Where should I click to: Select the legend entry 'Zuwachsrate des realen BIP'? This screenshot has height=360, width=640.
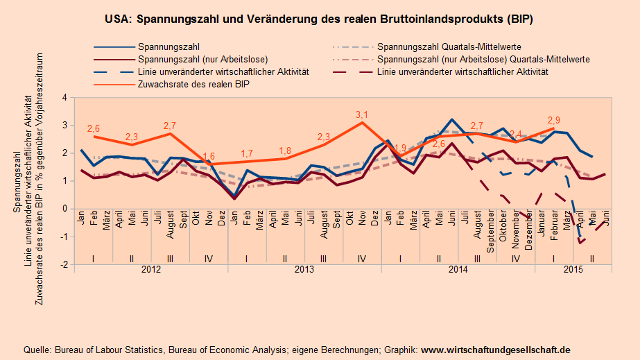pos(193,84)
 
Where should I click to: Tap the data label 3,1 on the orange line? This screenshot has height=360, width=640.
pos(361,114)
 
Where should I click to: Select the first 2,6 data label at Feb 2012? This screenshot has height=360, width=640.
pos(94,128)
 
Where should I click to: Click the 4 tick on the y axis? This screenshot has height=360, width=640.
pos(64,98)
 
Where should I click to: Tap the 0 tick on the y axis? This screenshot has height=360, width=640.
pos(64,209)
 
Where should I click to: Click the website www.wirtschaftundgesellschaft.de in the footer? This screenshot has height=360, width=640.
pos(495,350)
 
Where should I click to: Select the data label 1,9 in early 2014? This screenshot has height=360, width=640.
pos(400,148)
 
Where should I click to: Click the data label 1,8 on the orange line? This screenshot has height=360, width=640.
pos(284,151)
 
